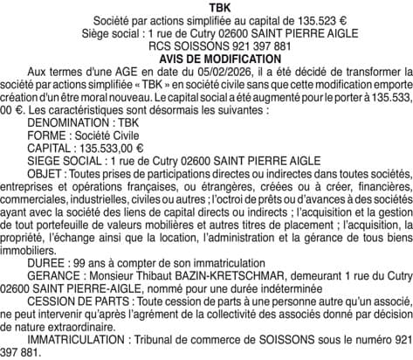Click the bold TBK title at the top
point(207,6)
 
